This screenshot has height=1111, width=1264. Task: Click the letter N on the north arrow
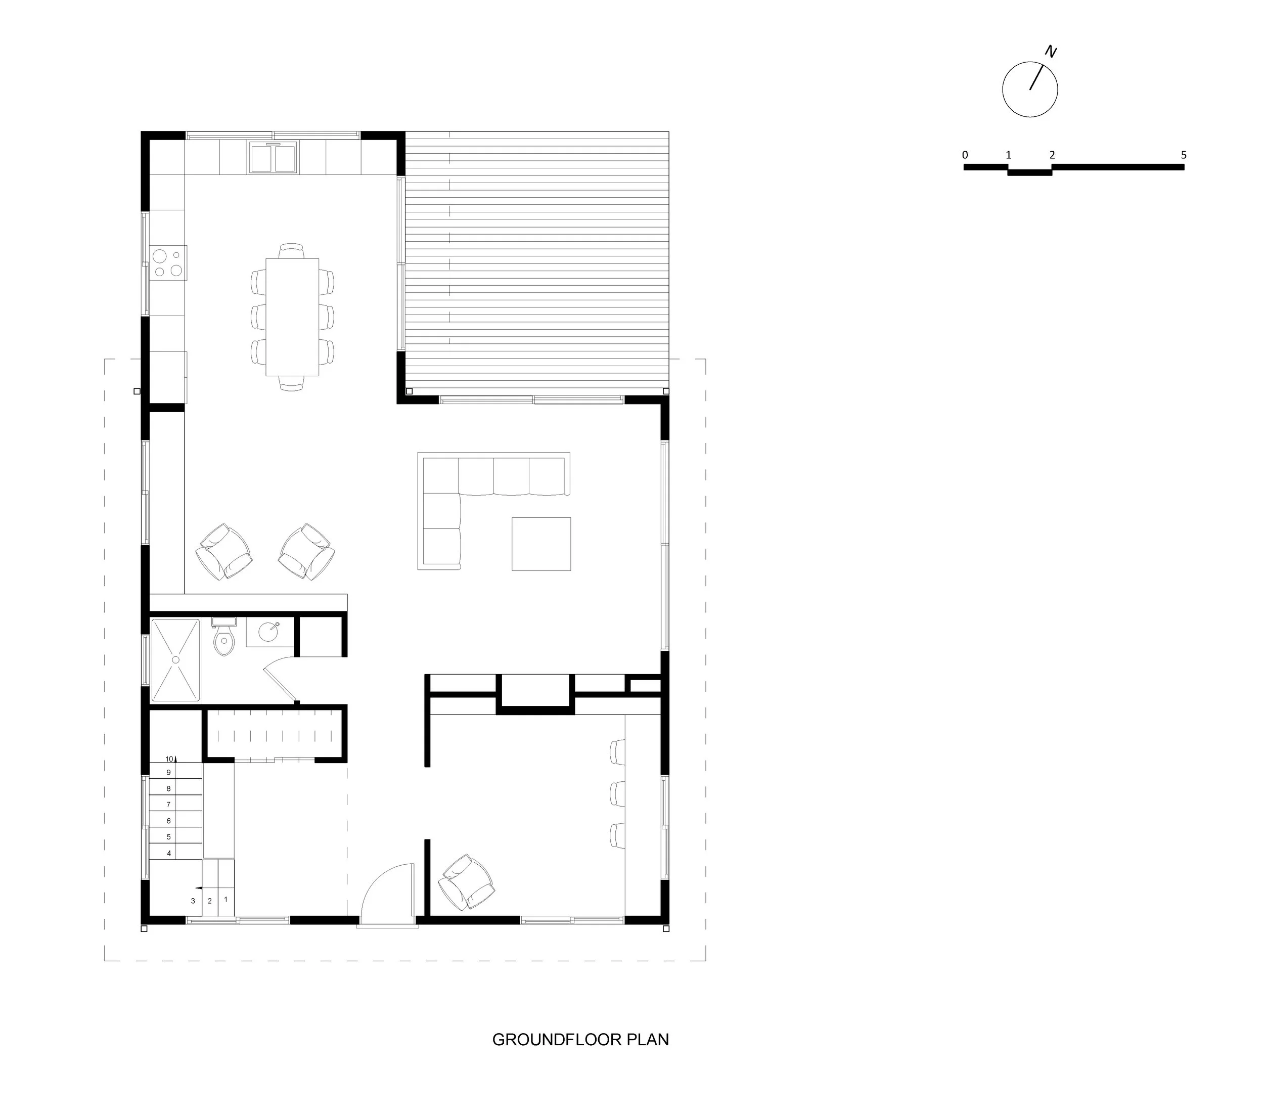click(1051, 52)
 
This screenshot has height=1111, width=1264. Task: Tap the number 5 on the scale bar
click(1184, 155)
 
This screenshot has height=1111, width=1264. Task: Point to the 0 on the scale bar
click(965, 155)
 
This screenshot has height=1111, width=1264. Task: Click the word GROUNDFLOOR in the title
click(557, 1040)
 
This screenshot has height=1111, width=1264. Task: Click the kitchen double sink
click(274, 157)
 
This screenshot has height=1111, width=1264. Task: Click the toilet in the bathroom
click(223, 640)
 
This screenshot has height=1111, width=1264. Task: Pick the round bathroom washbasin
click(269, 632)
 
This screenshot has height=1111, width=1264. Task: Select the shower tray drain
click(175, 660)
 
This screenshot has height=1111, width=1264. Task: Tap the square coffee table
click(541, 544)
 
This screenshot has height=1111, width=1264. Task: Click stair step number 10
click(169, 759)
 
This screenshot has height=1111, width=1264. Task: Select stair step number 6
click(169, 821)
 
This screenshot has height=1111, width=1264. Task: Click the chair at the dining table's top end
click(291, 250)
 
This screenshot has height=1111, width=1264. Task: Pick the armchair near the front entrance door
click(467, 882)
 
